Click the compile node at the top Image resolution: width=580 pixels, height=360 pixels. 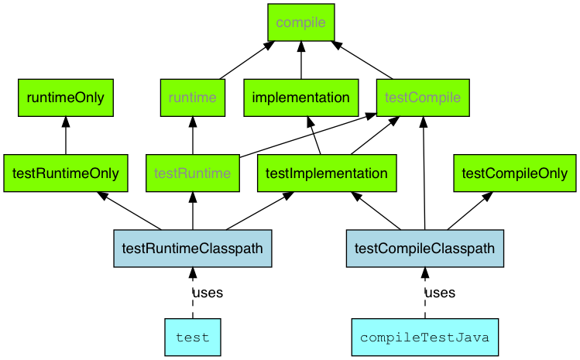pyautogui.click(x=300, y=22)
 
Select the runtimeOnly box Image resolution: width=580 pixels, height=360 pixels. pyautogui.click(x=66, y=98)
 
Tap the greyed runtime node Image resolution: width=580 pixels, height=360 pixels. pyautogui.click(x=192, y=98)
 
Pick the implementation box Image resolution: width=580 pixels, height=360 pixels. pyautogui.click(x=300, y=98)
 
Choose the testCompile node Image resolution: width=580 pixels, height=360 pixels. pyautogui.click(x=423, y=98)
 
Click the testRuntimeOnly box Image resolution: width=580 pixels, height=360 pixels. pyautogui.click(x=66, y=173)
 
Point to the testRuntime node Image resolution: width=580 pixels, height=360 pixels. pyautogui.click(x=192, y=173)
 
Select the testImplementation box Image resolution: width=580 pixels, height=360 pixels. pyautogui.click(x=326, y=173)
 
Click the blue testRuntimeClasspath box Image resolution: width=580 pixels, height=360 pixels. pyautogui.click(x=192, y=249)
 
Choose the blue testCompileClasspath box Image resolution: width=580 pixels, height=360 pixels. pyautogui.click(x=424, y=249)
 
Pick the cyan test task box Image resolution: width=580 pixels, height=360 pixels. pyautogui.click(x=192, y=338)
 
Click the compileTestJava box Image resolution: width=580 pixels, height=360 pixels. pyautogui.click(x=424, y=338)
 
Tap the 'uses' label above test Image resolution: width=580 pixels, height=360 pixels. pyautogui.click(x=207, y=293)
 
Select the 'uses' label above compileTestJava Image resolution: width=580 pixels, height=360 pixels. pyautogui.click(x=439, y=293)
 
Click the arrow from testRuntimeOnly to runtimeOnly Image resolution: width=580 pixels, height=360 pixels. pyautogui.click(x=66, y=135)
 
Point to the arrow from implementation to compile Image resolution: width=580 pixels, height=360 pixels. pyautogui.click(x=300, y=60)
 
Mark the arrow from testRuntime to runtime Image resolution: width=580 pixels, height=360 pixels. pyautogui.click(x=192, y=135)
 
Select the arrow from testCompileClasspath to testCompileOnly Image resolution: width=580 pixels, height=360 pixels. pyautogui.click(x=469, y=211)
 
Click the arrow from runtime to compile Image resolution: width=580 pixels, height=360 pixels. pyautogui.click(x=246, y=60)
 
